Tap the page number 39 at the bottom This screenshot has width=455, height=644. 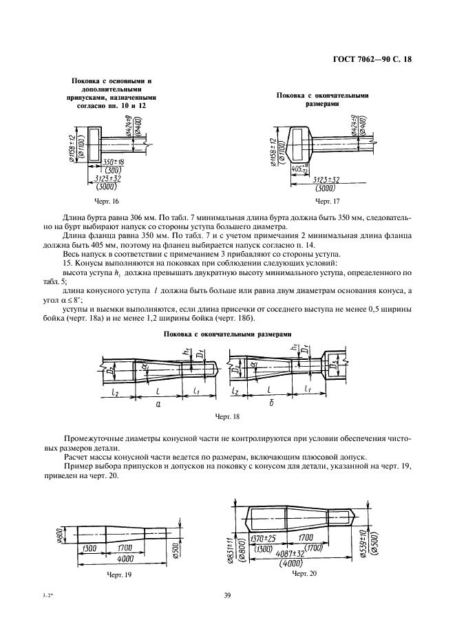[x=227, y=596]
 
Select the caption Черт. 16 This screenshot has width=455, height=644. [x=110, y=201]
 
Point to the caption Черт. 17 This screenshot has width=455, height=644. [x=323, y=201]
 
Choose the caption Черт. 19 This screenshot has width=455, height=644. [x=119, y=573]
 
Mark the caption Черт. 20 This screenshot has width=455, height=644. [x=304, y=573]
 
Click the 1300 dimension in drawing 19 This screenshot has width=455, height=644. [x=89, y=548]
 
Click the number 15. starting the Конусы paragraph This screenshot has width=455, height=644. [x=68, y=264]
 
